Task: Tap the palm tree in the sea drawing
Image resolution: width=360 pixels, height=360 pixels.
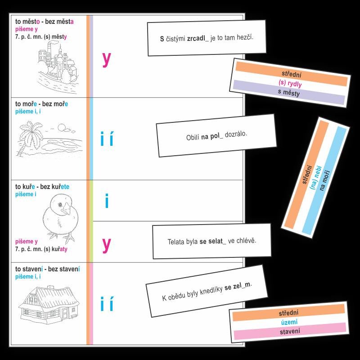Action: [x=29, y=137]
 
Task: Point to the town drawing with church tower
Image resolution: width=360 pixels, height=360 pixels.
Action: [x=58, y=67]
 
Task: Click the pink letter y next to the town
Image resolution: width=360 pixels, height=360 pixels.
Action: [x=106, y=59]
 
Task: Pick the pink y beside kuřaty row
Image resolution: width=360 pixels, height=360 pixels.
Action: [x=106, y=245]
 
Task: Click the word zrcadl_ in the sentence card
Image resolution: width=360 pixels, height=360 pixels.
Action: [x=198, y=38]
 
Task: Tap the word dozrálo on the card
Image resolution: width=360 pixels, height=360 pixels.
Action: [x=236, y=134]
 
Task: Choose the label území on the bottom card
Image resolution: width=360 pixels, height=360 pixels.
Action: [x=289, y=322]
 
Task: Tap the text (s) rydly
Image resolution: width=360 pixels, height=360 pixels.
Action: [x=290, y=83]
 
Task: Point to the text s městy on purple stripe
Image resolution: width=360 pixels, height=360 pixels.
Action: [x=289, y=93]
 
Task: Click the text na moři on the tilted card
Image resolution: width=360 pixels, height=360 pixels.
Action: [x=324, y=180]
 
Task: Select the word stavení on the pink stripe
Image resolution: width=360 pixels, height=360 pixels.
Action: [x=290, y=331]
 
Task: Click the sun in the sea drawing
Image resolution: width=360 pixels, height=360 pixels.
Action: [x=62, y=127]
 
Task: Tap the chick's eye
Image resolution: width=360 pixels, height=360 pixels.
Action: [x=60, y=205]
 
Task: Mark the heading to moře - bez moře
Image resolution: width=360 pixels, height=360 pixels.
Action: [x=41, y=104]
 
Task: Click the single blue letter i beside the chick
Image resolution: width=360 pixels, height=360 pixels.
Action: [x=107, y=201]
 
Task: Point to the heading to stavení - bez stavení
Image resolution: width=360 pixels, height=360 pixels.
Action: [x=48, y=269]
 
